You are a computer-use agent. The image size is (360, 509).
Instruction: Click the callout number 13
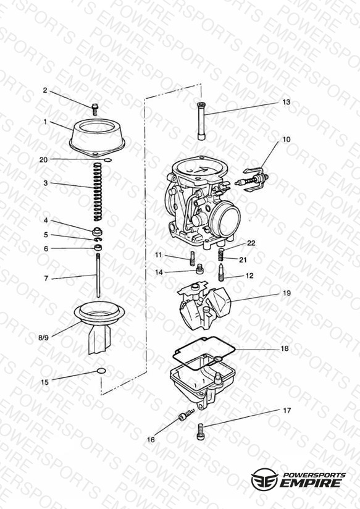286,102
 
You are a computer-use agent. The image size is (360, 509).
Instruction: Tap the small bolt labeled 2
95,109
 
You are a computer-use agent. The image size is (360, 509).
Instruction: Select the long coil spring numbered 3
98,192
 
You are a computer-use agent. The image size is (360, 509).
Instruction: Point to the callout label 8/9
43,338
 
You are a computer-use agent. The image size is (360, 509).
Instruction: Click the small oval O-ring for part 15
101,371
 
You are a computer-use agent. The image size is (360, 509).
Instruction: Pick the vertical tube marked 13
201,121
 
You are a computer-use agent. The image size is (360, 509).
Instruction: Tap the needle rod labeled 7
98,276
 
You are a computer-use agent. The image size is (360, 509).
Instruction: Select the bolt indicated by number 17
201,432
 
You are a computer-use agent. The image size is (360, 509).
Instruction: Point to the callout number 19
287,293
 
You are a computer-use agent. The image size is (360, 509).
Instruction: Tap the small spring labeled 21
221,254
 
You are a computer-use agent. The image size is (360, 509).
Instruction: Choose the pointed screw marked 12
221,272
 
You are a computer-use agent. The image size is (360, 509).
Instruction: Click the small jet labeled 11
193,258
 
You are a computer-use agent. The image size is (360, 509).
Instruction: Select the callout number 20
43,160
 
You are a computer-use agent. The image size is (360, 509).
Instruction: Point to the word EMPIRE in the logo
311,483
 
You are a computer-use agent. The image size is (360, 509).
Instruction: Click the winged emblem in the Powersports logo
264,479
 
